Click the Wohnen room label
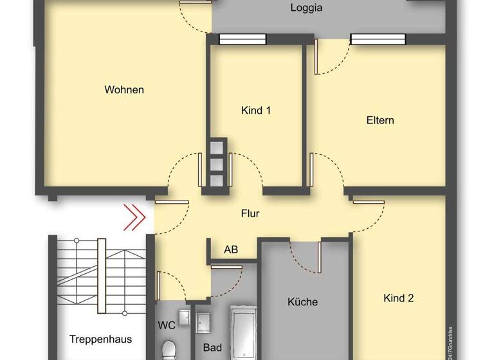click(124, 90)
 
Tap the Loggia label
click(306, 8)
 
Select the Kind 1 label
click(255, 111)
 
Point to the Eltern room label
click(380, 120)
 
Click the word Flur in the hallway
click(250, 213)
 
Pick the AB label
click(230, 250)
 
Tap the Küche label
click(302, 301)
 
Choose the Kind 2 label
click(398, 298)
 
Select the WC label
click(167, 325)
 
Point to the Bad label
click(212, 348)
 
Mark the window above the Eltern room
click(378, 39)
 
